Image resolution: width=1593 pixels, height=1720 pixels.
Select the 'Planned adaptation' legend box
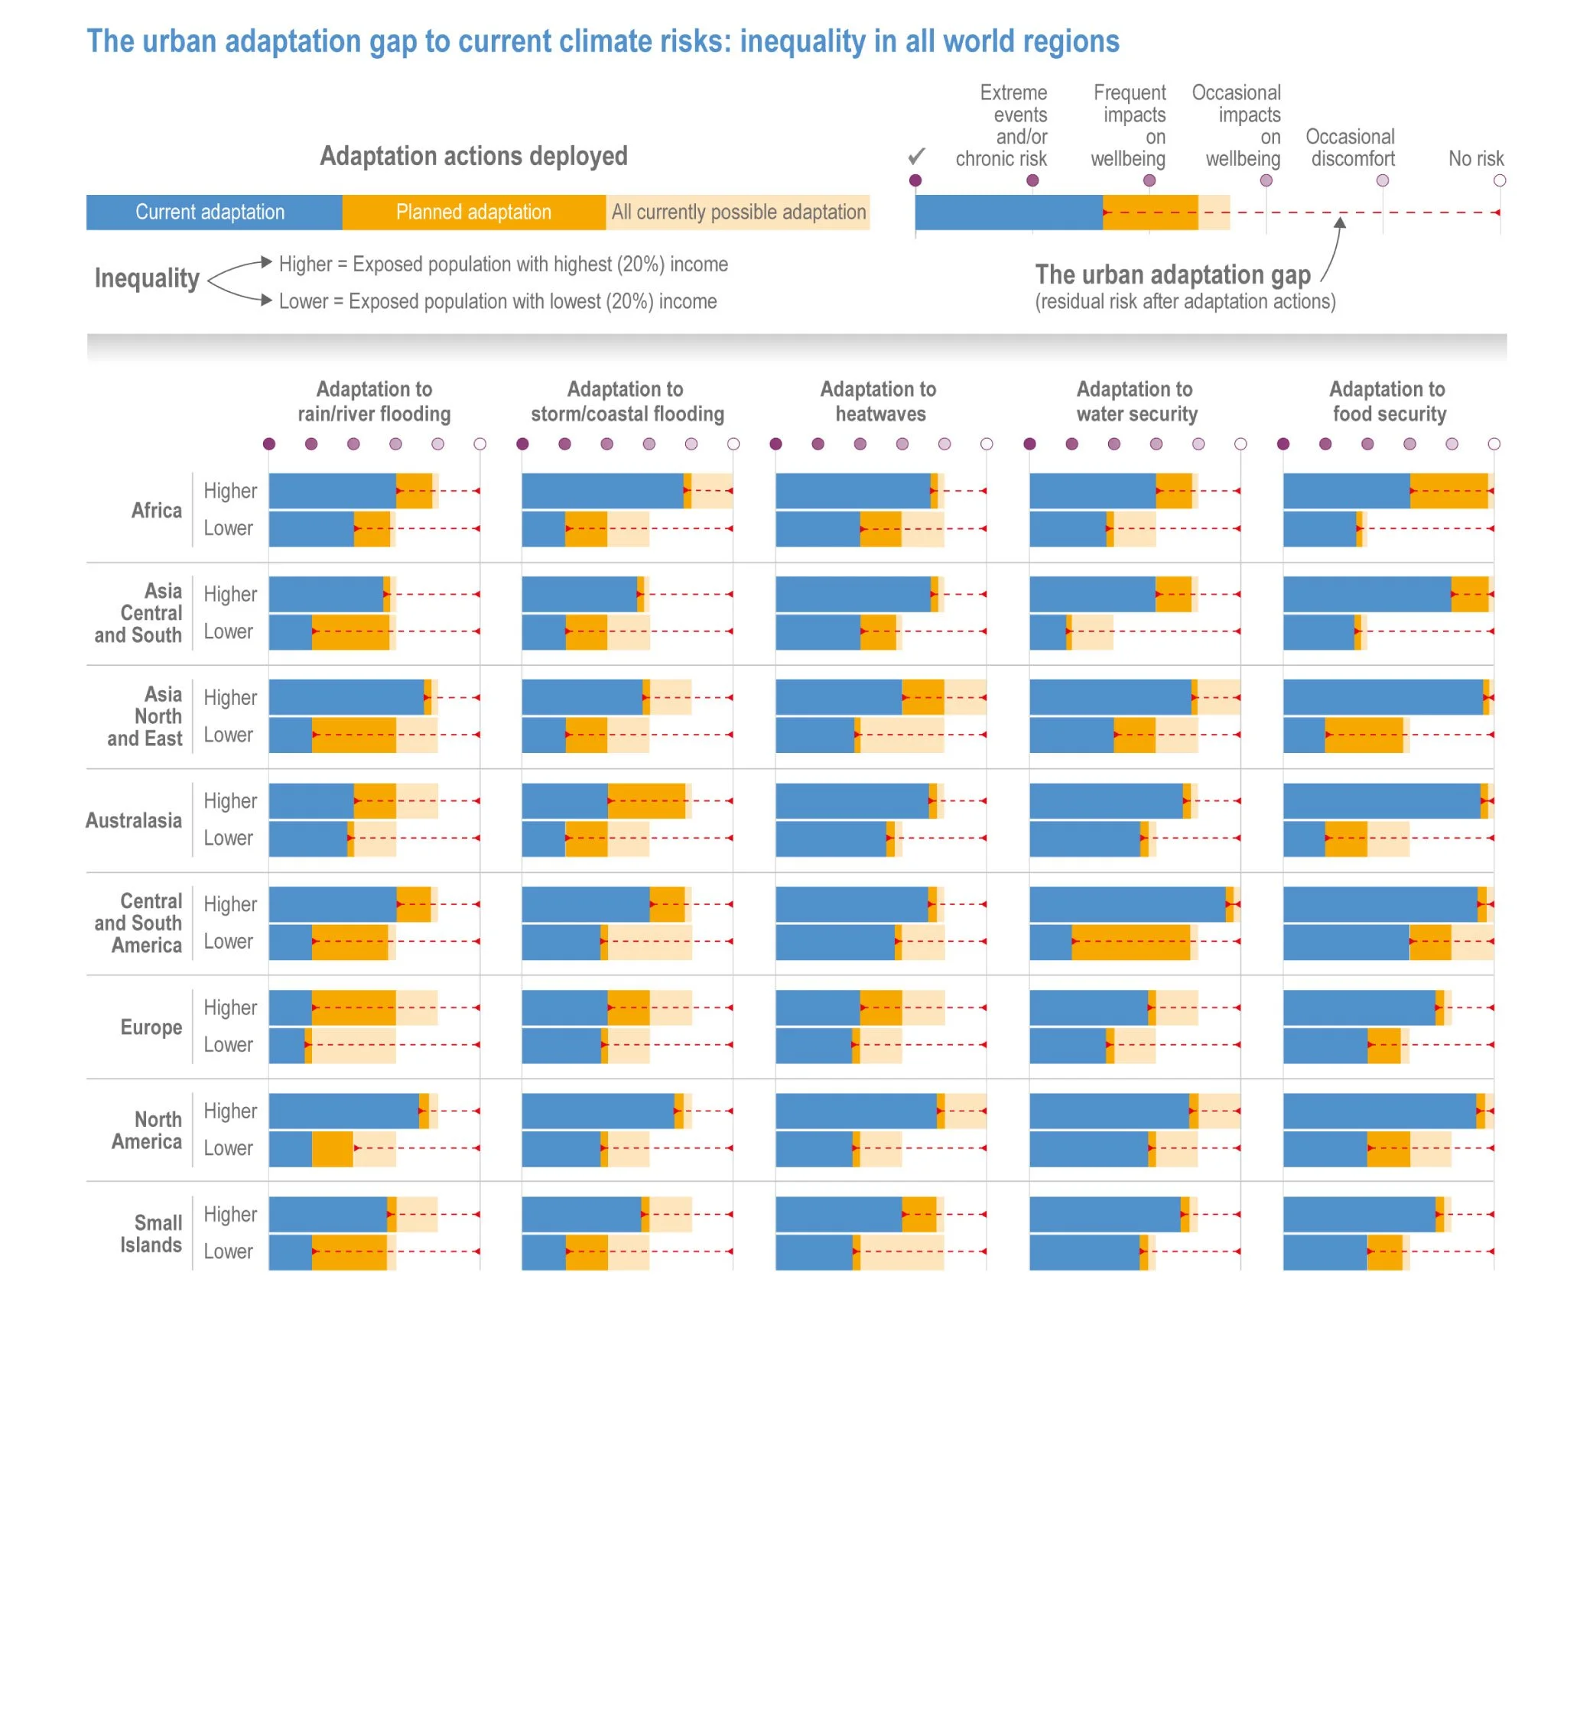pyautogui.click(x=473, y=212)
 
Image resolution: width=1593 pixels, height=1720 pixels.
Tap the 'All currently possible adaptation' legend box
pyautogui.click(x=738, y=212)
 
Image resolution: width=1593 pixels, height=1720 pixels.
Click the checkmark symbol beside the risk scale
pyautogui.click(x=916, y=156)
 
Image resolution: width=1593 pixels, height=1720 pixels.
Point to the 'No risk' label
pyautogui.click(x=1476, y=158)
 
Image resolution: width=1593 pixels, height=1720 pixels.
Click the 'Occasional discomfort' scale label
pyautogui.click(x=1351, y=148)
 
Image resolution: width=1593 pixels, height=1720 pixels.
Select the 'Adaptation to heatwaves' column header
pyautogui.click(x=879, y=401)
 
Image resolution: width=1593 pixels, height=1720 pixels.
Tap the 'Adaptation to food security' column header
pyautogui.click(x=1388, y=401)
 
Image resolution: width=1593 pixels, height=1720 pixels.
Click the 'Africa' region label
pyautogui.click(x=156, y=510)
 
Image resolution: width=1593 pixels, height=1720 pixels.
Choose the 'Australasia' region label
pyautogui.click(x=134, y=820)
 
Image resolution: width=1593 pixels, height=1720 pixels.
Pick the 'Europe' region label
pyautogui.click(x=151, y=1027)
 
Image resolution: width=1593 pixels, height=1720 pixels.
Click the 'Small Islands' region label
pyautogui.click(x=151, y=1233)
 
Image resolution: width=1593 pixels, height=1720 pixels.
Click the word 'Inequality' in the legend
pyautogui.click(x=147, y=277)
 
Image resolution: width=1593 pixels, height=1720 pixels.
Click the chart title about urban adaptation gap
pyautogui.click(x=603, y=41)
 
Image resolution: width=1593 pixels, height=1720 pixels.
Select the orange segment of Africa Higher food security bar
pyautogui.click(x=1449, y=490)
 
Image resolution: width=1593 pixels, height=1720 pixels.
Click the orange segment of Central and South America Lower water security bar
pyautogui.click(x=1130, y=942)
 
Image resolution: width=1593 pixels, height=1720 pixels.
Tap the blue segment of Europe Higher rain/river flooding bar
pyautogui.click(x=291, y=1008)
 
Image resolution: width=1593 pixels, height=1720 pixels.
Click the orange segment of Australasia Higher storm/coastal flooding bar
pyautogui.click(x=646, y=800)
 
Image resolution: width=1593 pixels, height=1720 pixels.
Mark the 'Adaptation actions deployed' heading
pyautogui.click(x=473, y=156)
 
